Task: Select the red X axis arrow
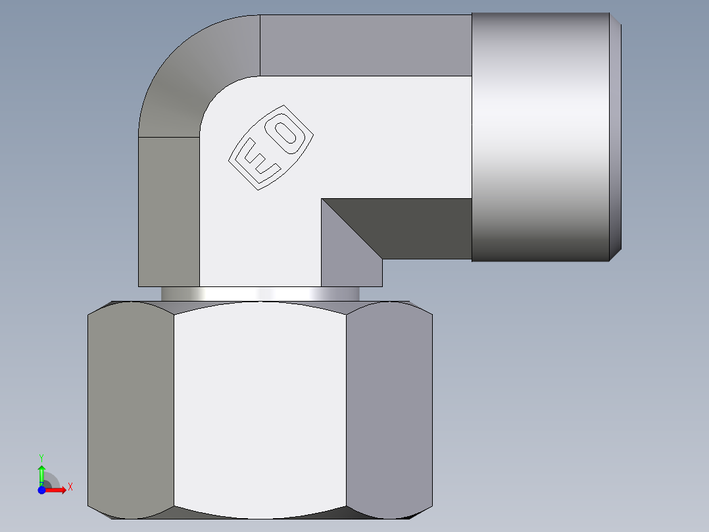coord(57,489)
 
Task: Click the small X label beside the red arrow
coord(70,487)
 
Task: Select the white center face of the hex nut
coord(260,408)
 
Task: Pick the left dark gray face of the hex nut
coord(130,408)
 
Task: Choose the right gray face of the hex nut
coord(389,408)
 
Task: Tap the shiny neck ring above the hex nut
coord(260,294)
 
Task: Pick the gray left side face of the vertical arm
coord(168,211)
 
